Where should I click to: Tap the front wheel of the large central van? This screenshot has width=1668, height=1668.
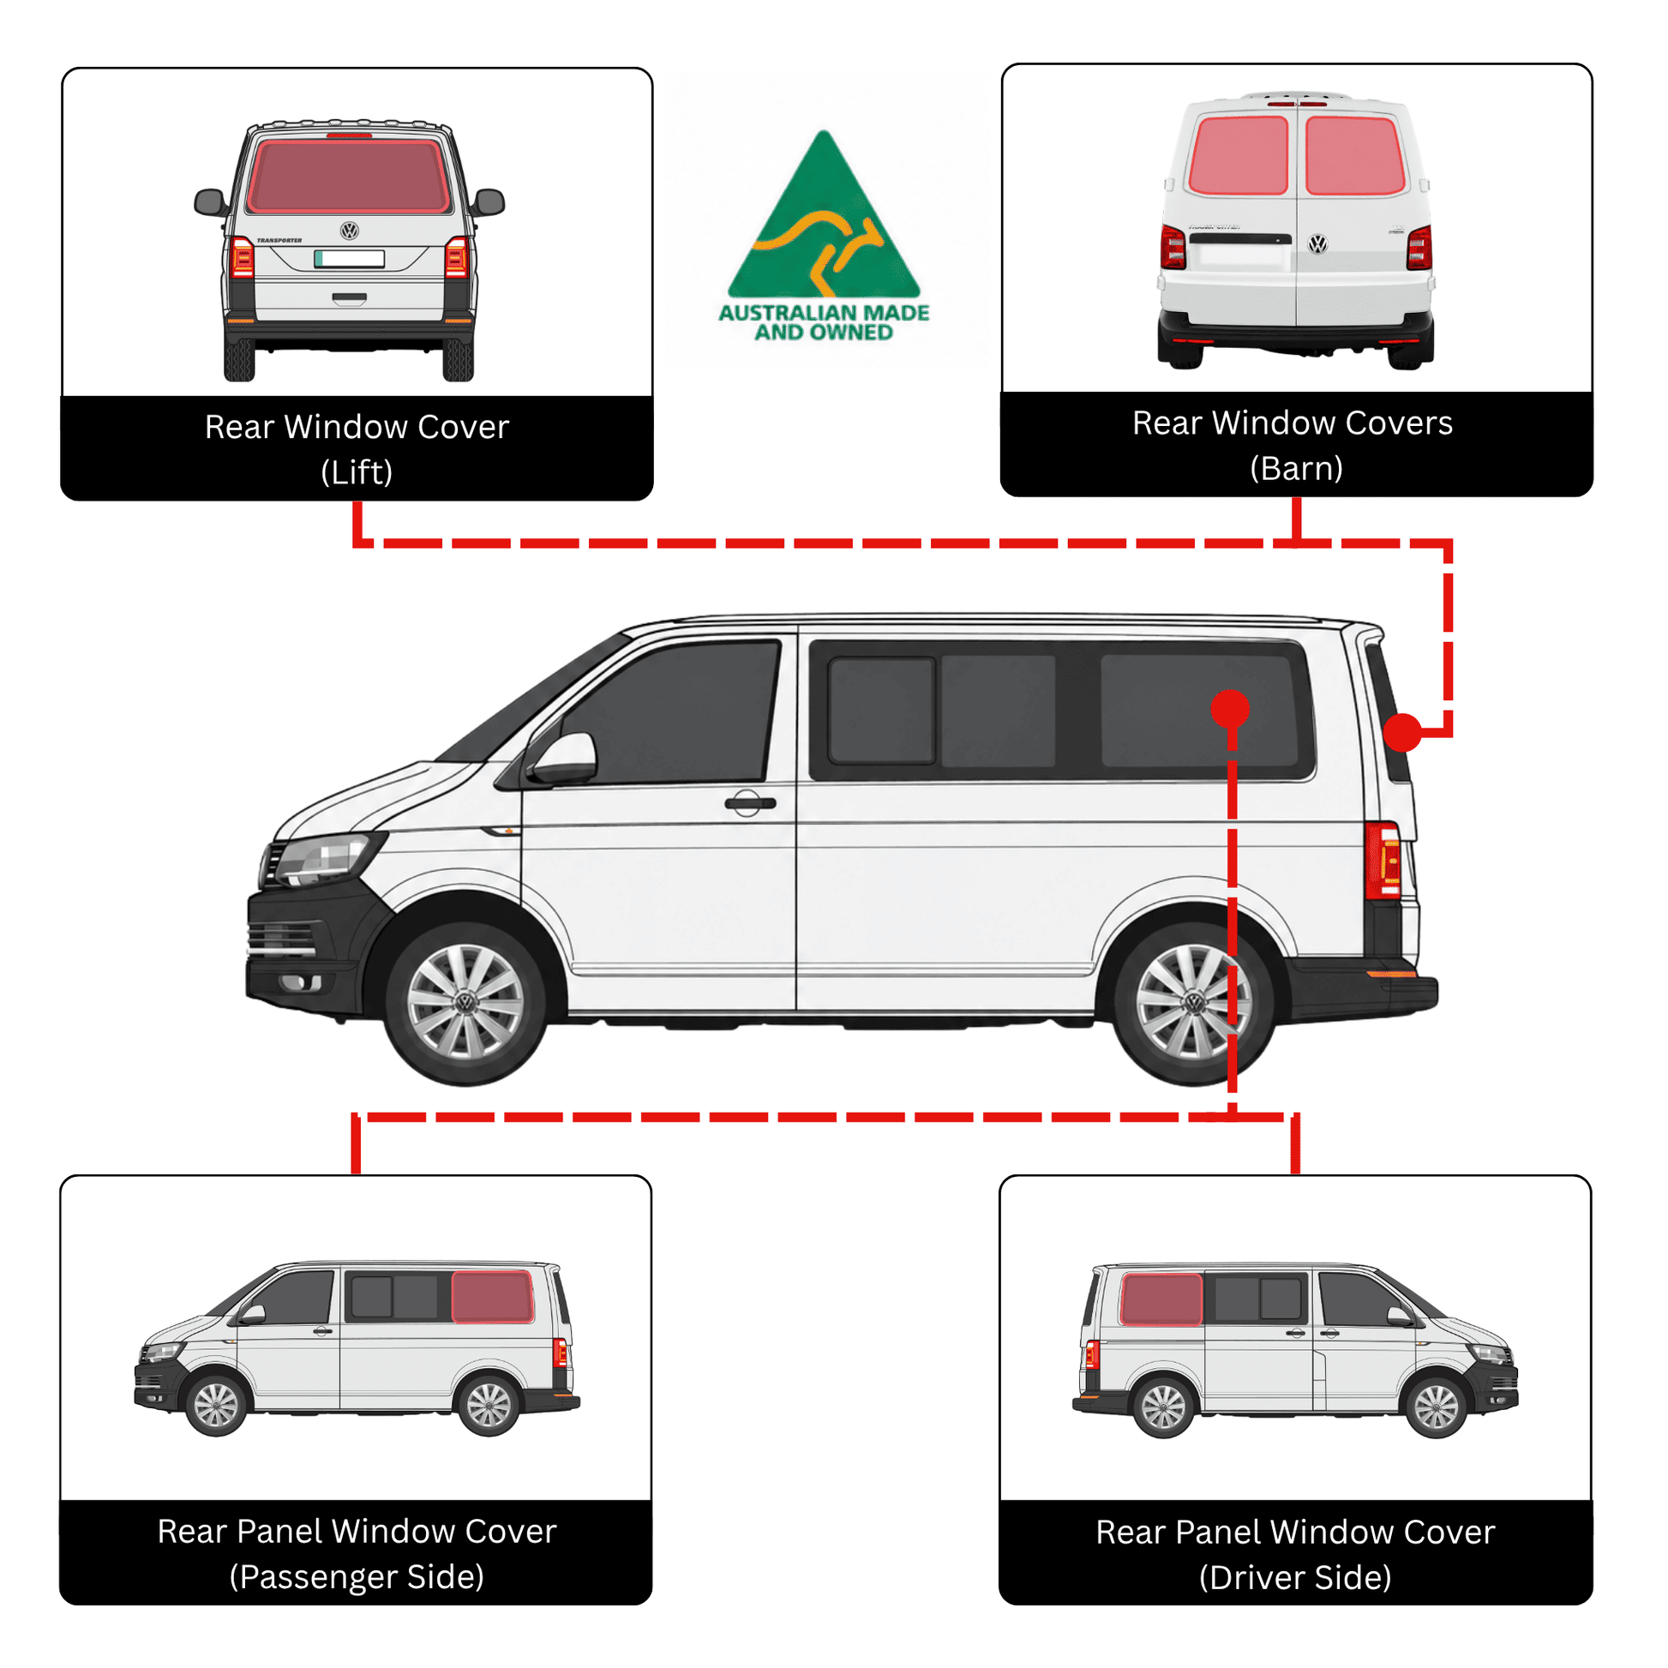pos(465,1002)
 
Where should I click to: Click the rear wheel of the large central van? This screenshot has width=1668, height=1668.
pos(1194,1002)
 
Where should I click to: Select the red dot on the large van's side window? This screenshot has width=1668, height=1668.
pos(1230,708)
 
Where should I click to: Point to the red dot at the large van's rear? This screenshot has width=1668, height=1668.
pos(1402,732)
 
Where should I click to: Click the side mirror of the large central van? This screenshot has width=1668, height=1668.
pos(564,759)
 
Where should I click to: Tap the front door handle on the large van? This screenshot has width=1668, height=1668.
pos(749,803)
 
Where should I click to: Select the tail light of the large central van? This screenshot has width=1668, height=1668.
pos(1383,860)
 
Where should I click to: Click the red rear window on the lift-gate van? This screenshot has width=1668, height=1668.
pos(349,176)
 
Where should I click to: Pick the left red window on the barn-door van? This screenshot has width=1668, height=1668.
pos(1238,155)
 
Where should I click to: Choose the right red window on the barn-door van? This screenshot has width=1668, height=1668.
pos(1355,155)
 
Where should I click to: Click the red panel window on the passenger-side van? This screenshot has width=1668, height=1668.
pos(492,1296)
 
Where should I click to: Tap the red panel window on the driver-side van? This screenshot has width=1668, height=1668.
pos(1161,1299)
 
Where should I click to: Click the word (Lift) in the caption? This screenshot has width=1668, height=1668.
pos(357,472)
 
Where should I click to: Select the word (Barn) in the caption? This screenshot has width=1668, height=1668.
pos(1296,469)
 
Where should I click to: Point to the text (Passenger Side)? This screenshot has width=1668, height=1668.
pos(357,1576)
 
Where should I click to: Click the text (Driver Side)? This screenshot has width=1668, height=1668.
pos(1295,1577)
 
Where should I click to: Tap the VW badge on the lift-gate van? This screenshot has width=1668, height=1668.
pos(349,231)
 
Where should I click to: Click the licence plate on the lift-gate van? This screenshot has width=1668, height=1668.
pos(349,258)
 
